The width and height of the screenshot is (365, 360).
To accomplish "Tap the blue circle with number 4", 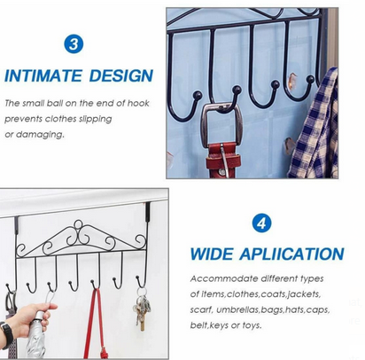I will point(262,223).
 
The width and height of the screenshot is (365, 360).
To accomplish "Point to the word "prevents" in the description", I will point(25,119).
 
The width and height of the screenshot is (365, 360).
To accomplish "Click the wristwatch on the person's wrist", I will point(6,332).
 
